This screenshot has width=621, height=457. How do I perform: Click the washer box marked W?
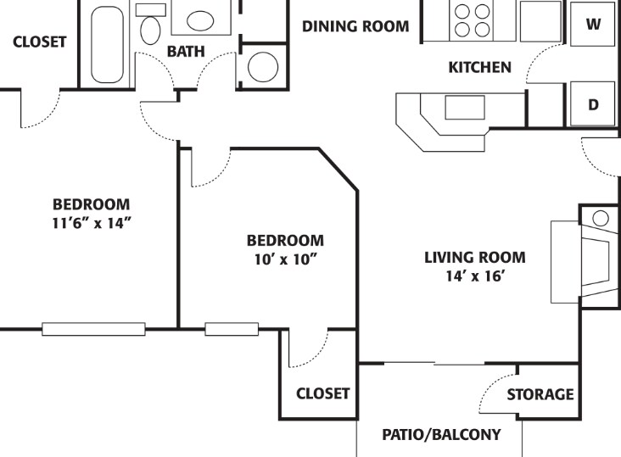592,24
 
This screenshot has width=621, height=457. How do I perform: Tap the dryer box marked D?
592,104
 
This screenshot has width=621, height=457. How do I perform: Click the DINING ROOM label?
355,26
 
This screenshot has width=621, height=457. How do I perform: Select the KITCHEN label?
479,67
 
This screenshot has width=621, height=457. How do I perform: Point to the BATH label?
186,52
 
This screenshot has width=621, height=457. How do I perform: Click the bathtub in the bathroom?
107,44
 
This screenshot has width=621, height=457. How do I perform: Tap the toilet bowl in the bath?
150,30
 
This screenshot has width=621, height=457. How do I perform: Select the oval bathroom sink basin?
200,20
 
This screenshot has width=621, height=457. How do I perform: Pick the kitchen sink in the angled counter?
465,107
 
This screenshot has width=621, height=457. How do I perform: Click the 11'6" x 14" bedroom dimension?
92,224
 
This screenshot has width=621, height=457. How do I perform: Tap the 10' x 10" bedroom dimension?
286,259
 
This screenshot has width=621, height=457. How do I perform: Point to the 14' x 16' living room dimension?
474,276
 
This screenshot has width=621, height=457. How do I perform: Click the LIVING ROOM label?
475,258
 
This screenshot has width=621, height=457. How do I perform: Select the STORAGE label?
540,394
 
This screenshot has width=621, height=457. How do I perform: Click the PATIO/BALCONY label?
441,434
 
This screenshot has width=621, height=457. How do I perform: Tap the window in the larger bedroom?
93,329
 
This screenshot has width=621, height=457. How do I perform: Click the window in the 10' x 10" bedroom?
232,329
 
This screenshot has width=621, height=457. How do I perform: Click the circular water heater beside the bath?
263,67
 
